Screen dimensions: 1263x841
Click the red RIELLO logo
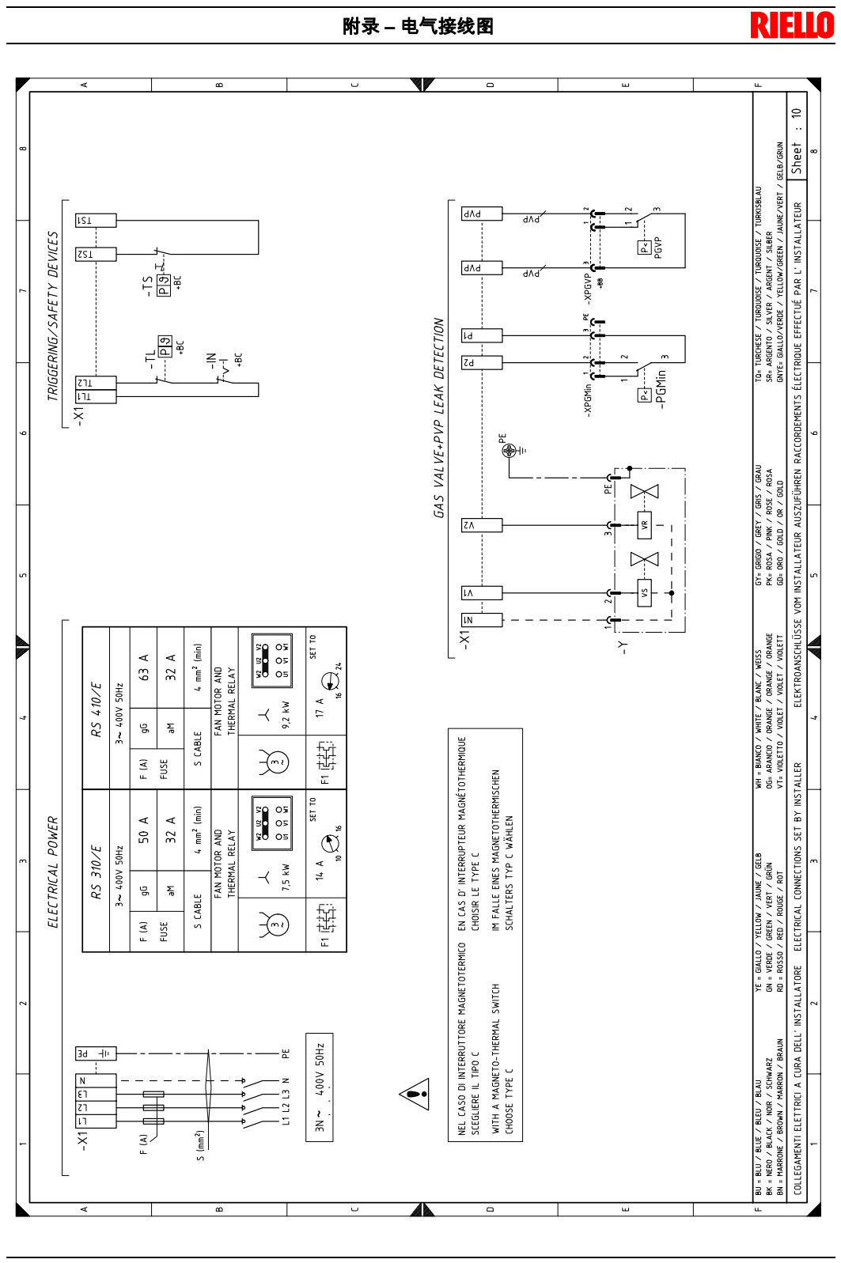[791, 25]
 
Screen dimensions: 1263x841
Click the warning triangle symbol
[414, 1095]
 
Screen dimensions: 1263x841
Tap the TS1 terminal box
[95, 221]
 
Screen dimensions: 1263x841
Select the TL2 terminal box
[95, 383]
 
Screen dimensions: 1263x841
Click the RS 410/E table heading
[96, 709]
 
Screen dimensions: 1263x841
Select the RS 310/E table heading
[96, 871]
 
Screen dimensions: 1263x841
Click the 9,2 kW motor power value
[286, 714]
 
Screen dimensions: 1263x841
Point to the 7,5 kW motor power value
[286, 877]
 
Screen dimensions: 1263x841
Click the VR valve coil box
[644, 524]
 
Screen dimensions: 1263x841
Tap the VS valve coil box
[644, 592]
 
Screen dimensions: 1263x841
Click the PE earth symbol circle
[510, 451]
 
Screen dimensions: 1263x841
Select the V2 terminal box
[481, 524]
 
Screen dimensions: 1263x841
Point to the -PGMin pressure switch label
[661, 388]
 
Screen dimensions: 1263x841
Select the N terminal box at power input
[95, 1080]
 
